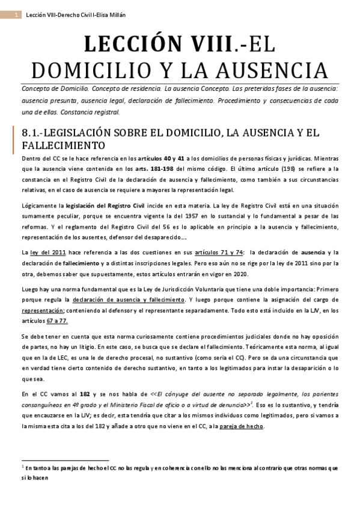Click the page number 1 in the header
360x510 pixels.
click(14, 14)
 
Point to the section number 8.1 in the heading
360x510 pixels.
click(29, 133)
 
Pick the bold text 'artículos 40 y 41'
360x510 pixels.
click(155, 158)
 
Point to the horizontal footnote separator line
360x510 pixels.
click(65, 459)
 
